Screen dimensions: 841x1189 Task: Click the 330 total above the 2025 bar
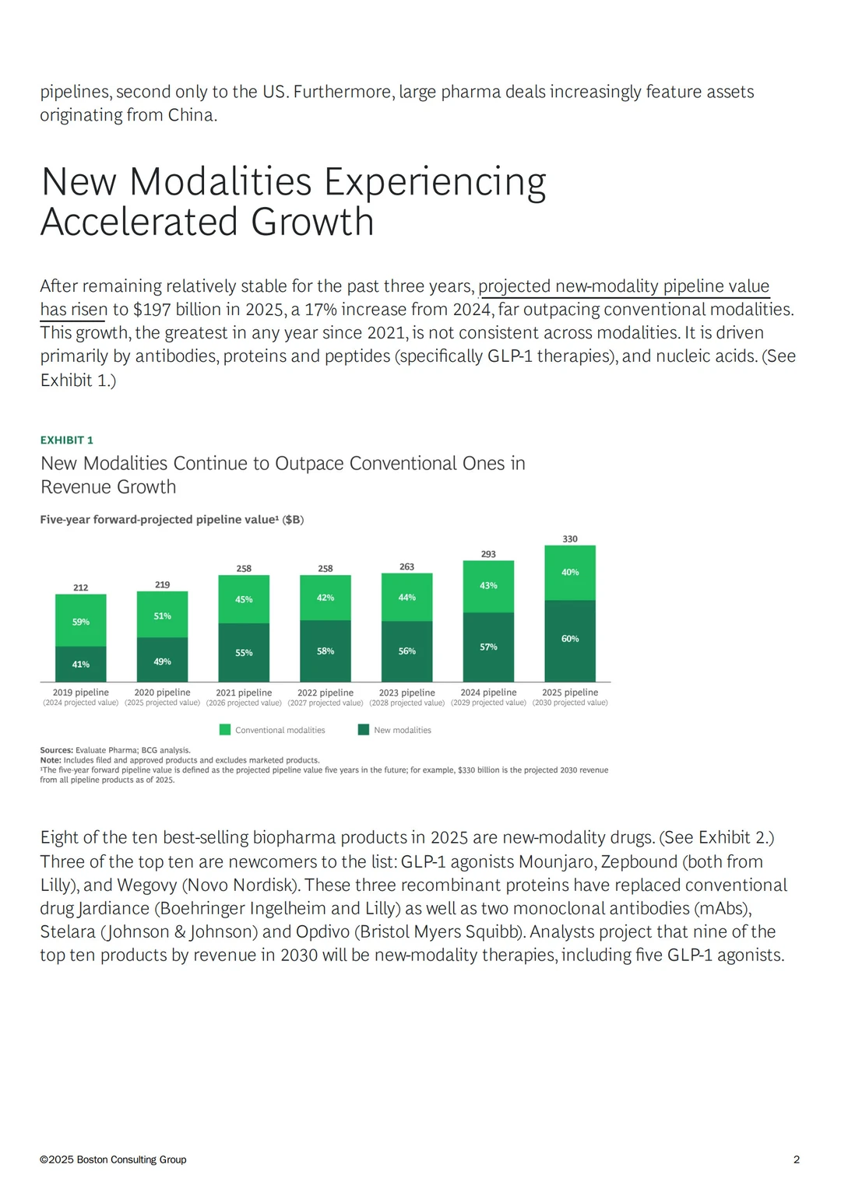click(569, 538)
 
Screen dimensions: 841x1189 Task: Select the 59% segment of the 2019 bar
click(81, 620)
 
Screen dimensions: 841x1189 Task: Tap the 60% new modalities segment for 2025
click(569, 641)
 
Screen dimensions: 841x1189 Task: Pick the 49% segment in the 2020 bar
click(162, 660)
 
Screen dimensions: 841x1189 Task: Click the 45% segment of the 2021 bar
click(244, 599)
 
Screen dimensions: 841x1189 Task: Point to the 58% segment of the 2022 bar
click(325, 651)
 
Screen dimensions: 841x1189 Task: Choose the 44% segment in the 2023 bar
click(407, 597)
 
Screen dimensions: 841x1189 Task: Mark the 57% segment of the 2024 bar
click(488, 647)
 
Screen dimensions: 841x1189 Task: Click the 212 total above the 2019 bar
click(81, 587)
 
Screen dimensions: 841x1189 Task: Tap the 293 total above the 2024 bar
click(488, 554)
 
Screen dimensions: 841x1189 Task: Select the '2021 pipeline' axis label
click(244, 693)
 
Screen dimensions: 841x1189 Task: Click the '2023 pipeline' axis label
click(407, 693)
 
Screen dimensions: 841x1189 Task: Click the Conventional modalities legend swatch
click(225, 730)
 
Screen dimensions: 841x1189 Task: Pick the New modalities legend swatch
click(364, 730)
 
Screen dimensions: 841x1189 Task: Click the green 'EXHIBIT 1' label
click(67, 440)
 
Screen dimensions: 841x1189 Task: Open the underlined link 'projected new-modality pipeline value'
click(624, 286)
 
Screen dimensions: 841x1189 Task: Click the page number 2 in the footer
click(797, 1159)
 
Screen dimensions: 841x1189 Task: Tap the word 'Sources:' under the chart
click(57, 750)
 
